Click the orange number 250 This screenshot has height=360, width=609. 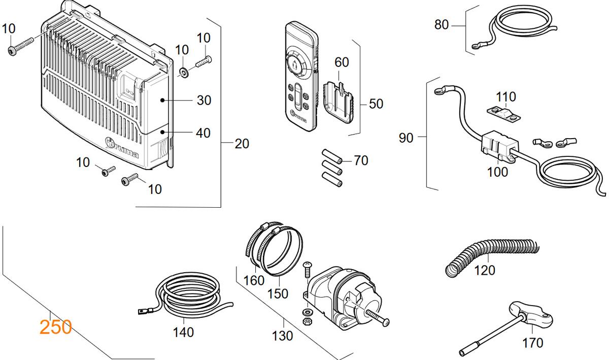55,326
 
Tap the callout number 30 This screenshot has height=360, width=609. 204,100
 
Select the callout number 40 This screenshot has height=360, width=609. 203,133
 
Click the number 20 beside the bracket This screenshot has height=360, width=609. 242,144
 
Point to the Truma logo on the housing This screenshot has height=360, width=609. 122,148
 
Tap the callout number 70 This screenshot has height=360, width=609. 360,160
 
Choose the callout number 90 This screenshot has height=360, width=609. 406,138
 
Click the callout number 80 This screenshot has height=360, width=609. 442,24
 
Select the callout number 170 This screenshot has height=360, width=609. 532,343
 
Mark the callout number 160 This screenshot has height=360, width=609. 254,280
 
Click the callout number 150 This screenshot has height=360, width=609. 278,293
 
